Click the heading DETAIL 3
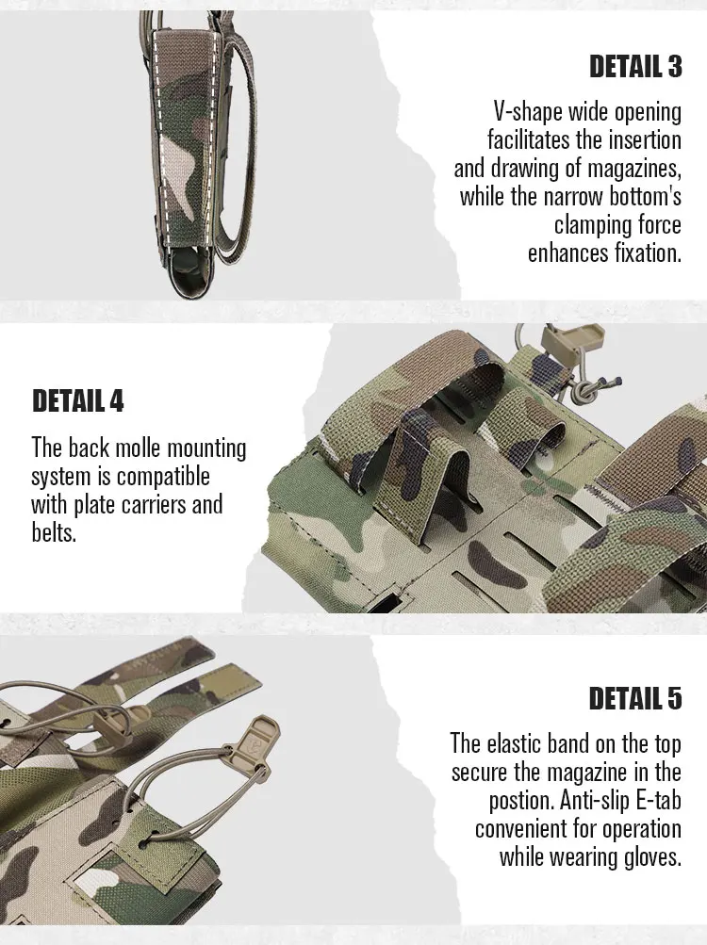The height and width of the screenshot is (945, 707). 635,66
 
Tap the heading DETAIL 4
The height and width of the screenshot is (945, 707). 78,400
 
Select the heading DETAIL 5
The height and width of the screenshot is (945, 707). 635,698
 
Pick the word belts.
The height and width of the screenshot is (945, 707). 54,532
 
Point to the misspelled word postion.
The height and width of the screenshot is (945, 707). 521,801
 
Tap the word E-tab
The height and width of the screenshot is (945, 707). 659,800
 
